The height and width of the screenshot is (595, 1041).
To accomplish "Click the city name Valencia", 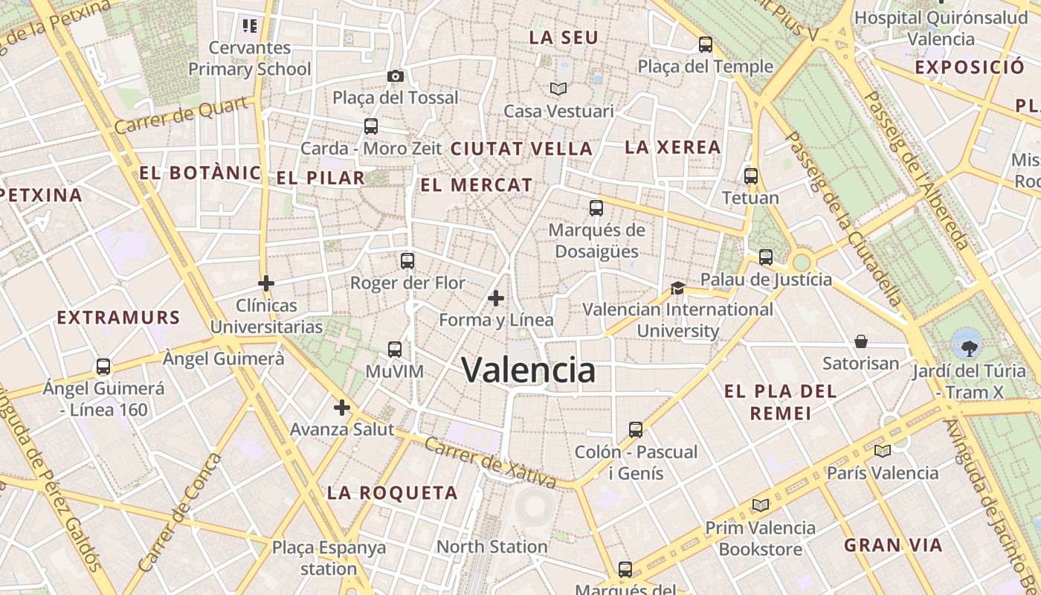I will (x=529, y=370).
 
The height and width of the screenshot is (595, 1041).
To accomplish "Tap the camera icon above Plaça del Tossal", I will (x=396, y=76).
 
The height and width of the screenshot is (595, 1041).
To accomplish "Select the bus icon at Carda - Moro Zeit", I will (x=371, y=126).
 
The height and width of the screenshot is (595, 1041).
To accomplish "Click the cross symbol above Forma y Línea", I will (x=496, y=298).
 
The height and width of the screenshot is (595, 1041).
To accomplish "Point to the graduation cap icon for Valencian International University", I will (x=677, y=288).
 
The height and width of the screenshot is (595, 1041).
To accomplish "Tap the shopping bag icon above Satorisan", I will (x=861, y=341).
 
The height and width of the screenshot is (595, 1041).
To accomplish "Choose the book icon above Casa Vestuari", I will (x=558, y=89).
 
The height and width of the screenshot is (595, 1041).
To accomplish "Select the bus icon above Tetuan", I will (x=751, y=176).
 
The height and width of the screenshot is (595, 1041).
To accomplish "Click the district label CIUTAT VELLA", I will (x=521, y=148).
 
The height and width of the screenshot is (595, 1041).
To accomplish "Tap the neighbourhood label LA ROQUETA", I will (x=393, y=492).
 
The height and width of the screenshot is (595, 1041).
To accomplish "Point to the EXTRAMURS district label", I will (x=118, y=318).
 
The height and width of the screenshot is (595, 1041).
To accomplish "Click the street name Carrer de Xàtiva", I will (x=490, y=462).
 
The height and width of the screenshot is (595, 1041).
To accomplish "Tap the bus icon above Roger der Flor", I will (x=407, y=261).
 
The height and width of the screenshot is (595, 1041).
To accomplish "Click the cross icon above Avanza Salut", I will (x=342, y=408).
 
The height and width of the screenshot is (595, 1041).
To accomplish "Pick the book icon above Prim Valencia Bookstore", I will (x=760, y=506).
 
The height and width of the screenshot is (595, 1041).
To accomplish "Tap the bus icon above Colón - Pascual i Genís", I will (x=636, y=430).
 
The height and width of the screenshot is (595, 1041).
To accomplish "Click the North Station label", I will (x=492, y=547).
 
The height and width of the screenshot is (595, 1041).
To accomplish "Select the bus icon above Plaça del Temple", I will (x=706, y=45).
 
